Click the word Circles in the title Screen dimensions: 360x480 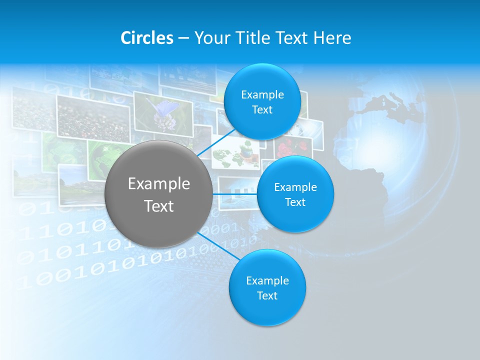coord(146,38)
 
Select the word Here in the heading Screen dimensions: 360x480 coord(332,38)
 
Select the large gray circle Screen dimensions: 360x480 coord(158,194)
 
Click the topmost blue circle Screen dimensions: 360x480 coord(262,102)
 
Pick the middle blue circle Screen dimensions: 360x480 coord(295,194)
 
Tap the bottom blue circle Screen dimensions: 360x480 coord(267,288)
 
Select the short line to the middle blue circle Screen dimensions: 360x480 coord(234,193)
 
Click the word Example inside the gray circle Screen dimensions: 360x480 coord(158,184)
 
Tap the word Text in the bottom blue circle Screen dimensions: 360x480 coord(267,296)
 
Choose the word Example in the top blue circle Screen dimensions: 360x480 coord(262,94)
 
